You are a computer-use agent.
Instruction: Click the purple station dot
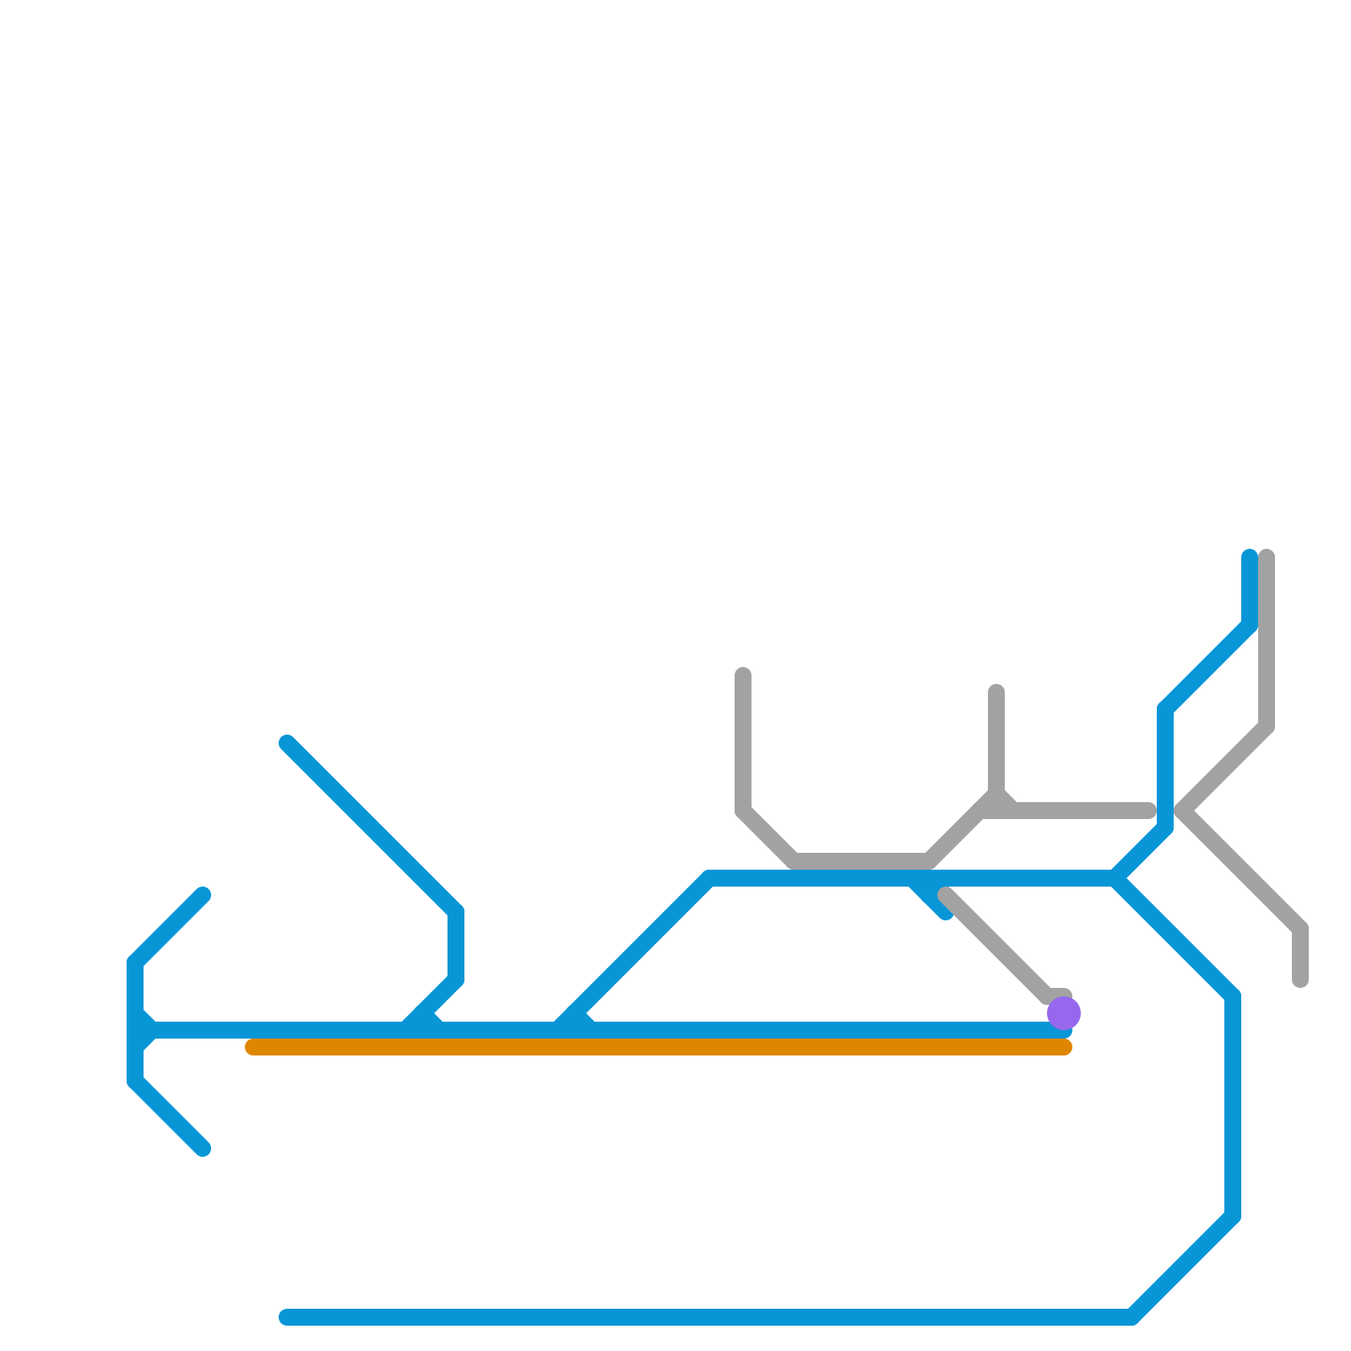pos(1064,1012)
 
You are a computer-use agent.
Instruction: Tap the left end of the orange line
pos(252,1047)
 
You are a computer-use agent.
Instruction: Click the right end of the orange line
pos(1066,1047)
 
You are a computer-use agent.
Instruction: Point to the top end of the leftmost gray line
pos(743,675)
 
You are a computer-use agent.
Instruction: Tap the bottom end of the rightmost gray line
pos(1300,980)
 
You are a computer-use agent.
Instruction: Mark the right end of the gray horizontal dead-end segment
pos(1149,811)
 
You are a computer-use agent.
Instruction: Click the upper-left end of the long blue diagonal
pos(287,743)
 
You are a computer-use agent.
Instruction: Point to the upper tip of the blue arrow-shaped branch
pos(203,895)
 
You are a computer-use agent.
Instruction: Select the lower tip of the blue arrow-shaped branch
pos(203,1148)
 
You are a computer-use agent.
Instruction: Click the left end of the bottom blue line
pos(286,1317)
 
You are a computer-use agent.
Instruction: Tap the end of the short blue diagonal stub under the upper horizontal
pos(947,913)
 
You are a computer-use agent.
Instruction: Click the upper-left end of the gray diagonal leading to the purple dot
pos(945,894)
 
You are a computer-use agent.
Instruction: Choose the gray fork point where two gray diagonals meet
pos(1183,811)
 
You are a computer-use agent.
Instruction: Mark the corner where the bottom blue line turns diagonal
pos(1131,1317)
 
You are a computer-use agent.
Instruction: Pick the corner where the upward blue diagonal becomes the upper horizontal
pos(709,878)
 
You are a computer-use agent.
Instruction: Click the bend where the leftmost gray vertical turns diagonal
pos(743,811)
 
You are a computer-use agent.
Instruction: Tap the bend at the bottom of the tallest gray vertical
pos(1267,726)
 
